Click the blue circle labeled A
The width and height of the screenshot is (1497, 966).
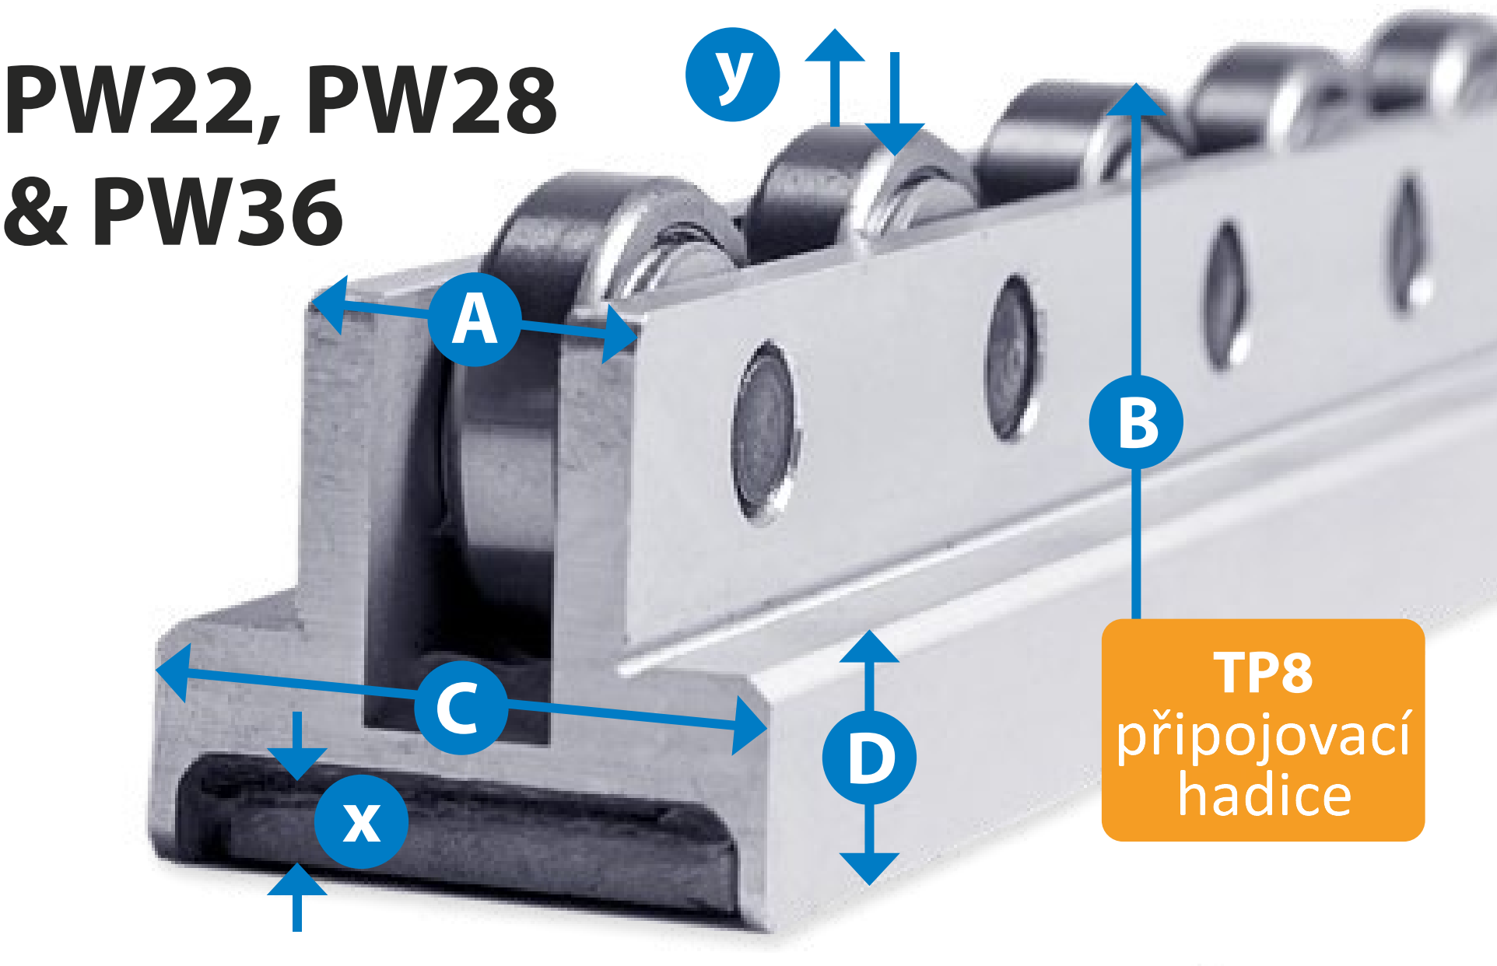(x=475, y=319)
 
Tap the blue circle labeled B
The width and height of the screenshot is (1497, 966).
(x=1136, y=422)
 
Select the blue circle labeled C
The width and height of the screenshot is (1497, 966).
(x=461, y=707)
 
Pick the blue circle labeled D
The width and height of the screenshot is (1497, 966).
(x=869, y=757)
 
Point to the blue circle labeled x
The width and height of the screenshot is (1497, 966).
(x=362, y=821)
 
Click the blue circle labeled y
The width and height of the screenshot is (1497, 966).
(x=733, y=75)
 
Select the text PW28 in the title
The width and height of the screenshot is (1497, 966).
(x=433, y=100)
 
